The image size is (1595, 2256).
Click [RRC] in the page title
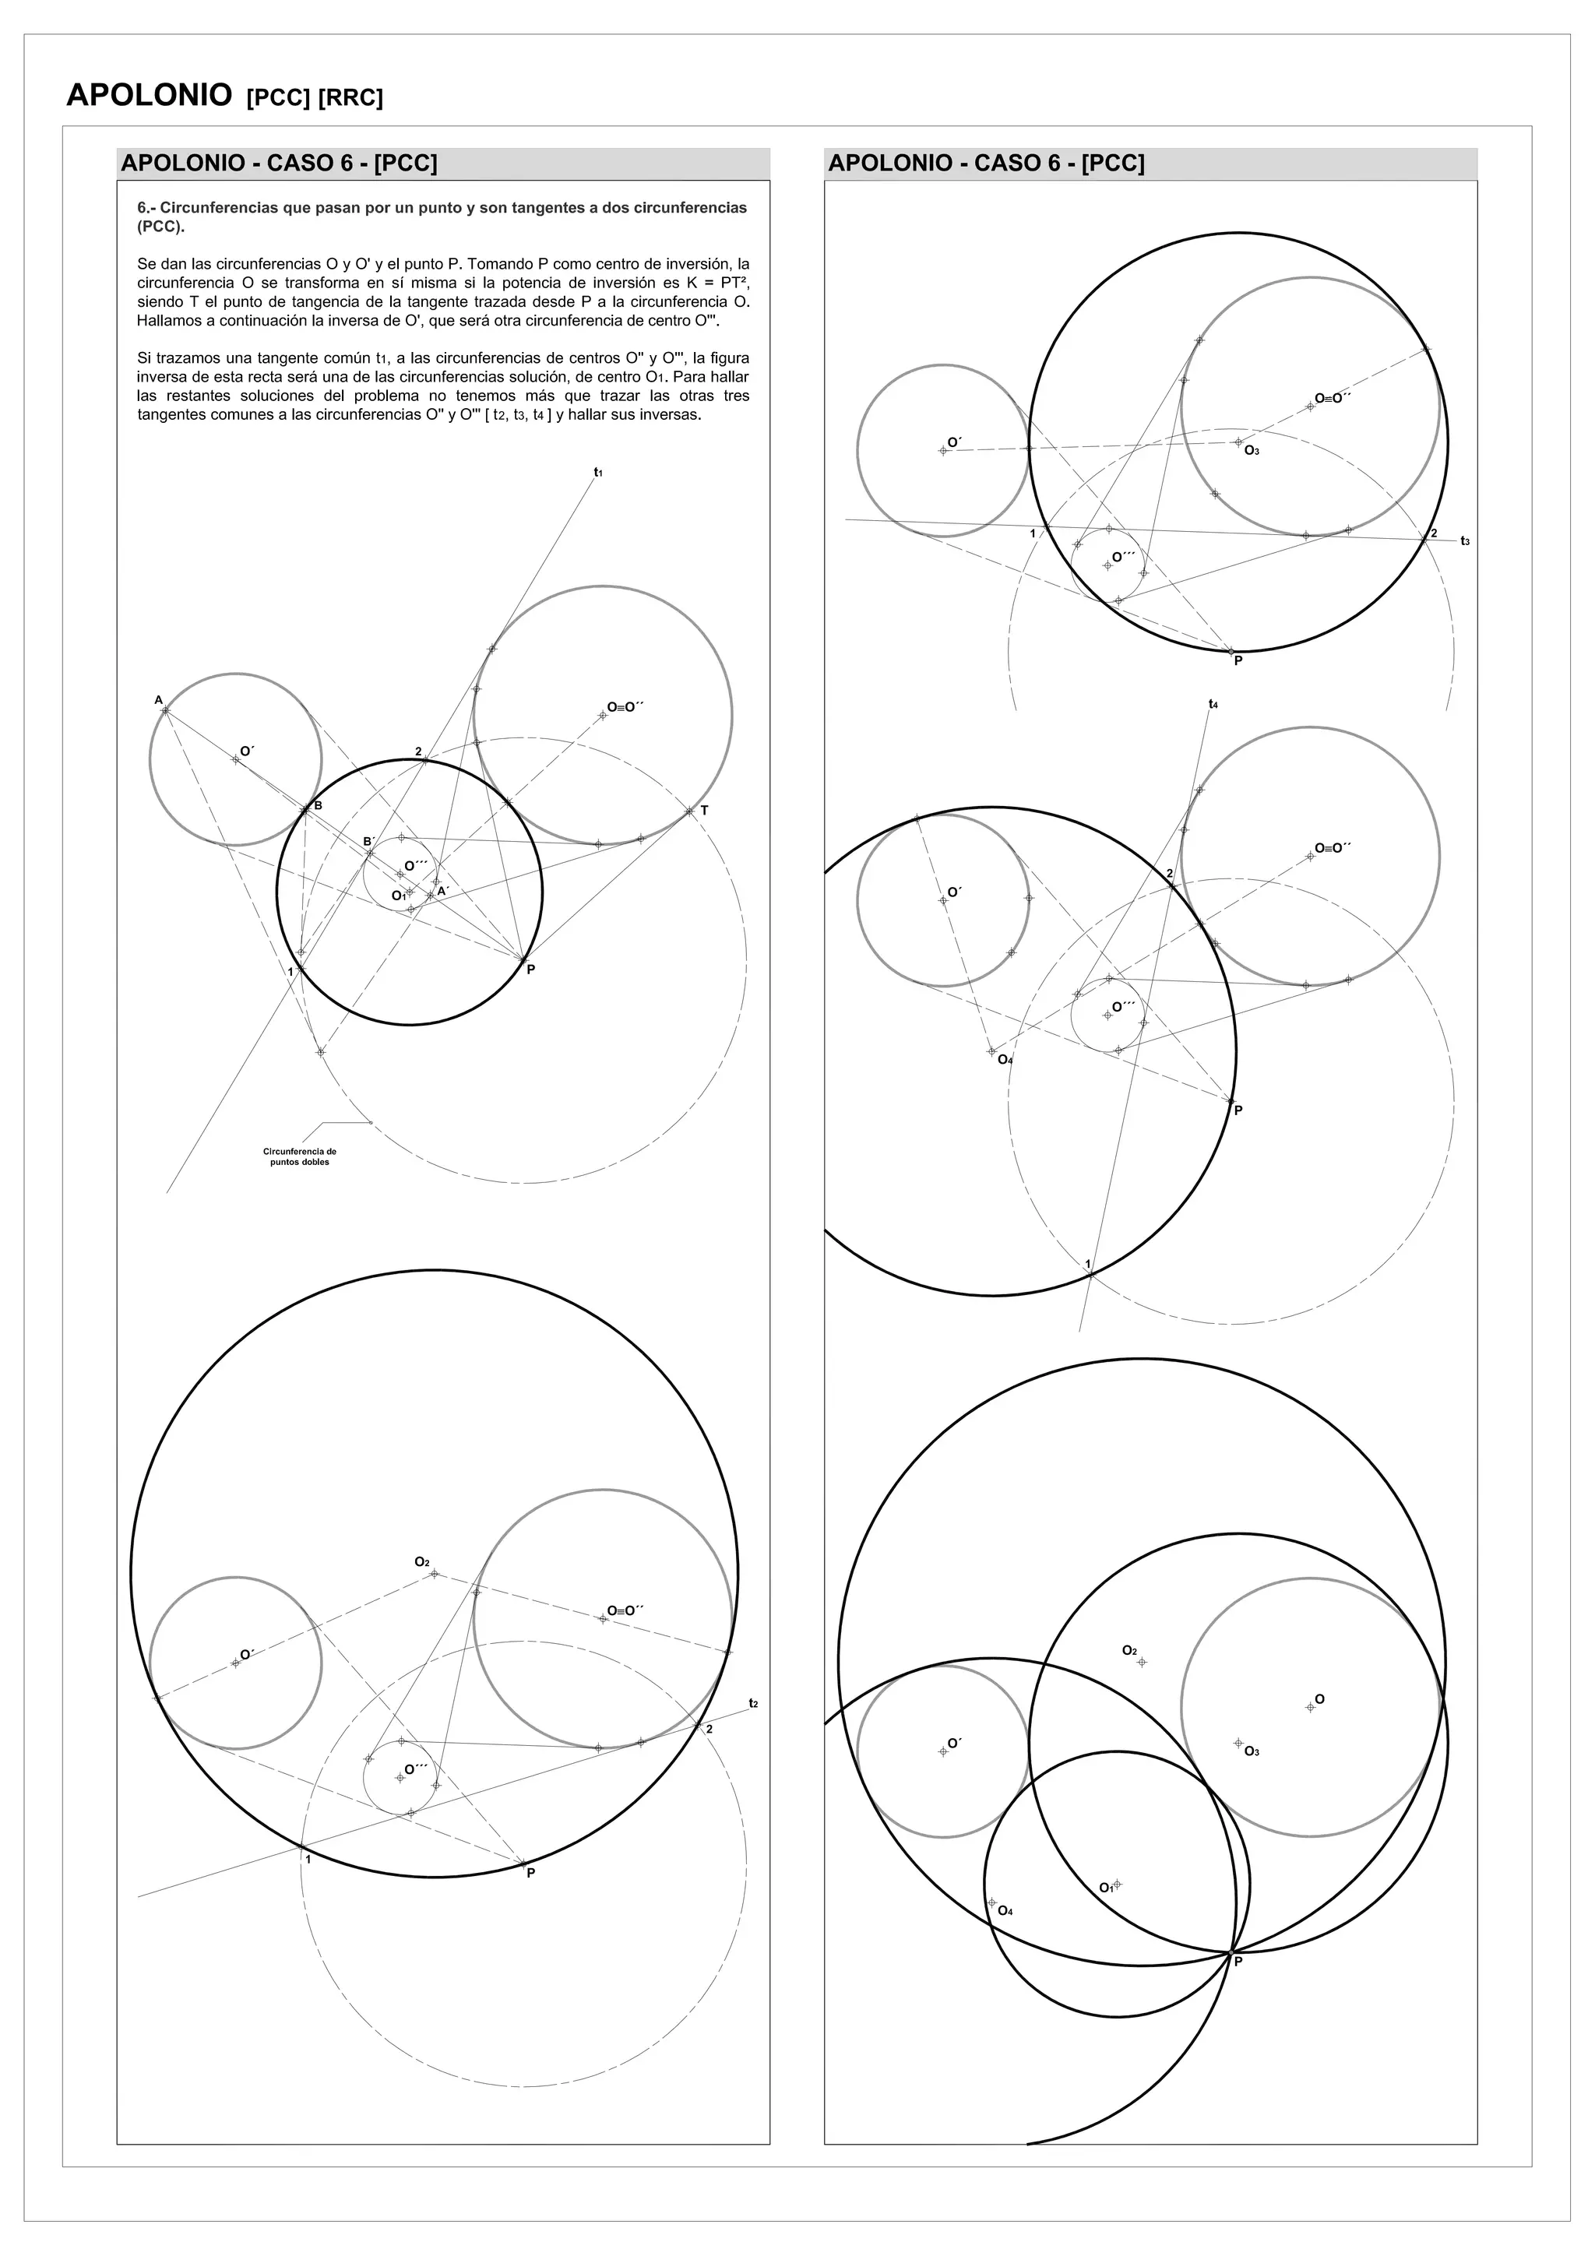tap(350, 98)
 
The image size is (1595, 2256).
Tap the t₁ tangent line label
tap(597, 473)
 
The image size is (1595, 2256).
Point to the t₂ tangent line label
tap(753, 1703)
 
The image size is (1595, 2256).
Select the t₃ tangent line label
tap(1464, 540)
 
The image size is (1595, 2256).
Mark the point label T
tap(703, 811)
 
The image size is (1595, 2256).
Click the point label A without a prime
tap(158, 701)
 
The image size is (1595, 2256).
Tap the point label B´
tap(369, 841)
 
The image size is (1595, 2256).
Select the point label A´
tap(443, 891)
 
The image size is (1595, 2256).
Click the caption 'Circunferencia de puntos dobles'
tap(300, 1156)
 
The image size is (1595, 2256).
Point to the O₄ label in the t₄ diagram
tap(1005, 1059)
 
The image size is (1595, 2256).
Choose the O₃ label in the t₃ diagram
tap(1251, 451)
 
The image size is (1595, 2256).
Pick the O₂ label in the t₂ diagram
tap(421, 1561)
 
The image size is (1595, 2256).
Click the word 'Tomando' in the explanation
tap(502, 264)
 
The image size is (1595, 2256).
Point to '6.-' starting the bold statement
tap(146, 208)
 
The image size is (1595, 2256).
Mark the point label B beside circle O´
tap(318, 806)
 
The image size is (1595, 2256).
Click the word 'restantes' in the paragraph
tap(191, 396)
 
